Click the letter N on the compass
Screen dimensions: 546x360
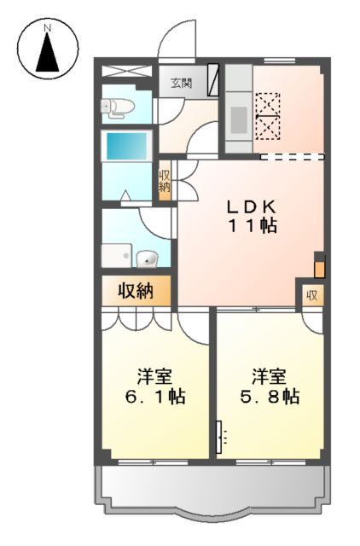pos(49,27)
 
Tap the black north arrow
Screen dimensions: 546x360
pos(49,56)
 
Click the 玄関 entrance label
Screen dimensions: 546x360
pos(179,83)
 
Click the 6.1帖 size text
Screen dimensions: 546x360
pos(154,397)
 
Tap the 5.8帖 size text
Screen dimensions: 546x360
pos(268,397)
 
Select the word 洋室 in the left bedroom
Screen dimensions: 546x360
pos(154,375)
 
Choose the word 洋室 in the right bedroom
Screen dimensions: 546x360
pos(268,375)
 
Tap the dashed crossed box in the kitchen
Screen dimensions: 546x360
pos(267,114)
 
